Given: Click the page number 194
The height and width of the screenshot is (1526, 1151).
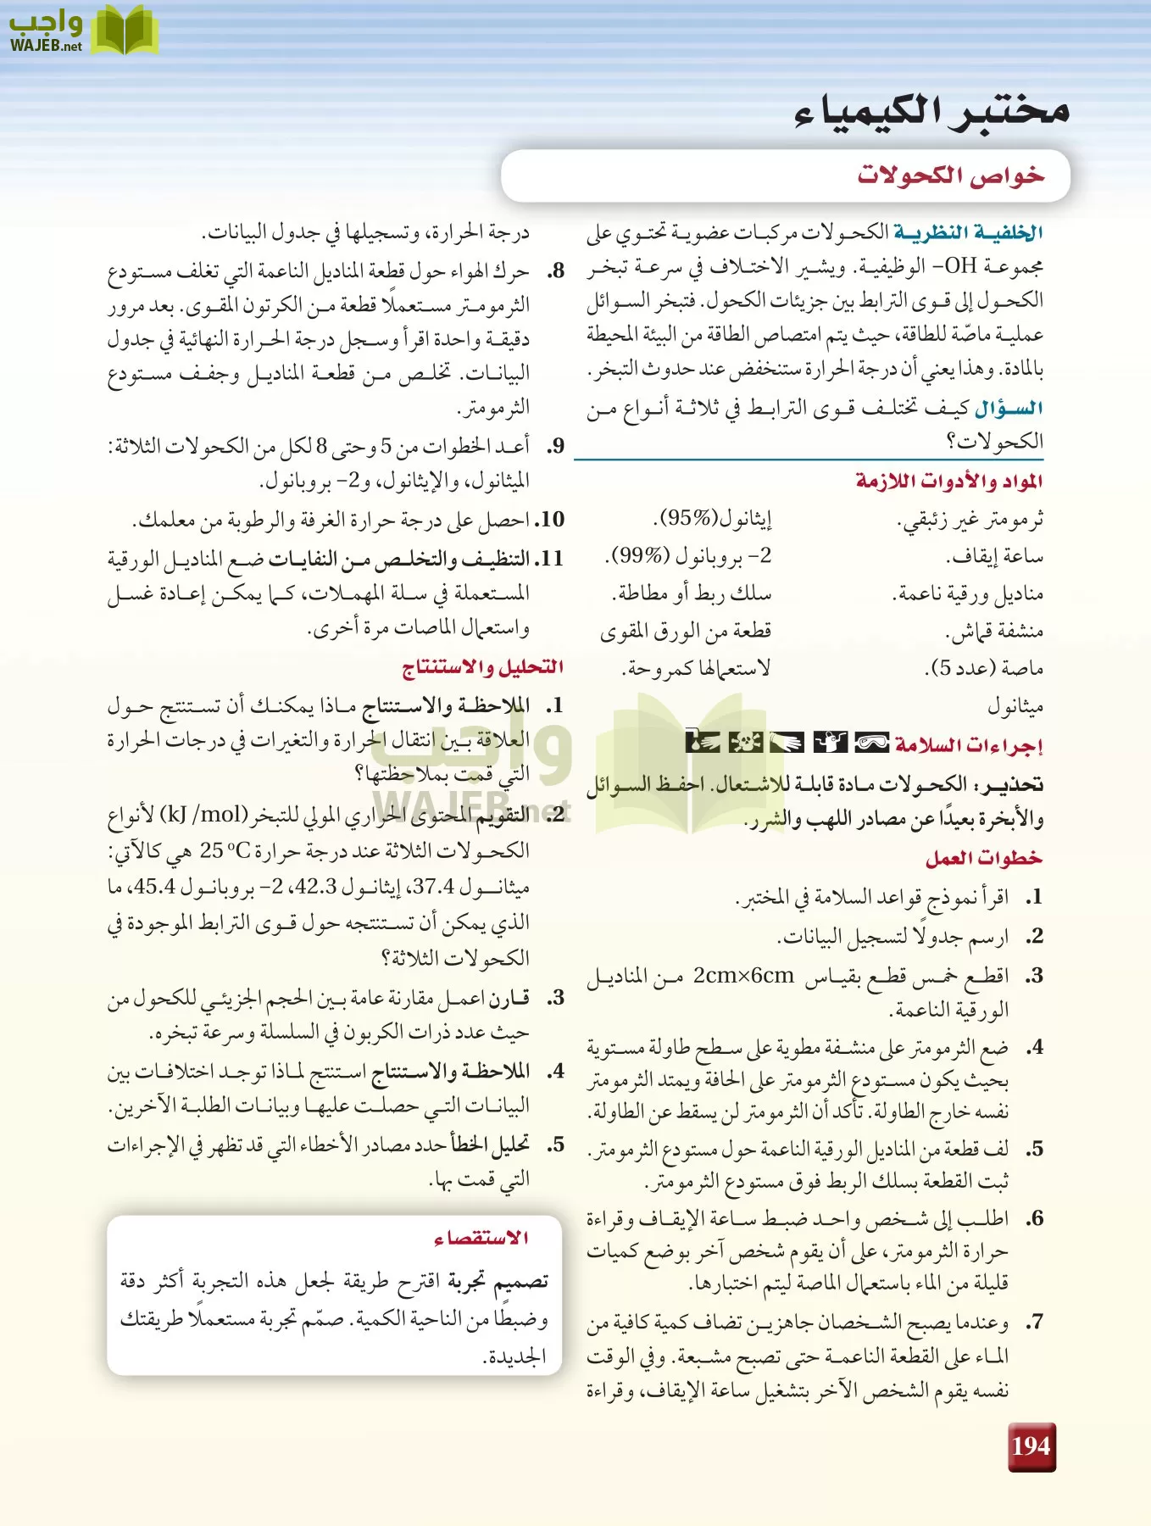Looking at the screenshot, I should (1031, 1447).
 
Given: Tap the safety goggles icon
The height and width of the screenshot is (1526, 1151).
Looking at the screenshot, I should (871, 744).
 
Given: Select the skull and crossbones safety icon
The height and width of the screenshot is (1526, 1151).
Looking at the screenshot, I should (745, 744).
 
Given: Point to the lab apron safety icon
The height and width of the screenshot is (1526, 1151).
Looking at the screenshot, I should (830, 744).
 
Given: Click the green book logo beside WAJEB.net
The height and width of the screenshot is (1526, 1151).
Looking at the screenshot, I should (124, 31).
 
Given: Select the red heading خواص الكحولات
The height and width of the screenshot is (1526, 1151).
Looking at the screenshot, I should (950, 175).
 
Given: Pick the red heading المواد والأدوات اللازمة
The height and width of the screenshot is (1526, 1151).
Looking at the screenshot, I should (949, 481).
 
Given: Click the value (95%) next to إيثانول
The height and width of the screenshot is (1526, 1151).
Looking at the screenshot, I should (687, 518).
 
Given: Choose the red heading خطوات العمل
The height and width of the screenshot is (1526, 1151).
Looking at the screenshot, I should (983, 858).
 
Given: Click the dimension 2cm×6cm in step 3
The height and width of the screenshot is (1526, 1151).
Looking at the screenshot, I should (743, 976).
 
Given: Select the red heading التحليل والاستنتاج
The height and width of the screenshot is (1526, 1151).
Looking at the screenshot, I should (482, 667).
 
